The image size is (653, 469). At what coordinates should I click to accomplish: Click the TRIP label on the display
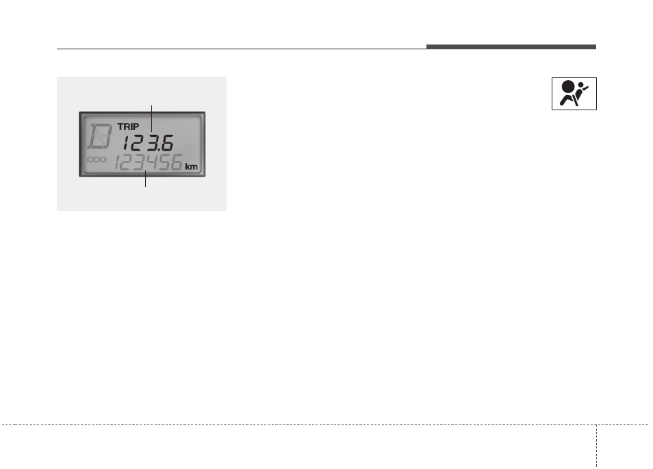tap(128, 127)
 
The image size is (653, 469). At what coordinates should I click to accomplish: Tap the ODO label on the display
tap(97, 160)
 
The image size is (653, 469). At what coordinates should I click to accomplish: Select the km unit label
tap(191, 166)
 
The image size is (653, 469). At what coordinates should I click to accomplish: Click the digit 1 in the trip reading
tap(126, 143)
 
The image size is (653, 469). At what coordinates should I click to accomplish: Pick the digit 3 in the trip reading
tap(151, 143)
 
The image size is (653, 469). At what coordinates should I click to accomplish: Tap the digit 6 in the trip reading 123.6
tap(167, 143)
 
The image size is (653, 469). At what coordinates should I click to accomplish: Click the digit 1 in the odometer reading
tap(118, 162)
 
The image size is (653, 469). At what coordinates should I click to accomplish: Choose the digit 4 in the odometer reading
tap(151, 162)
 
